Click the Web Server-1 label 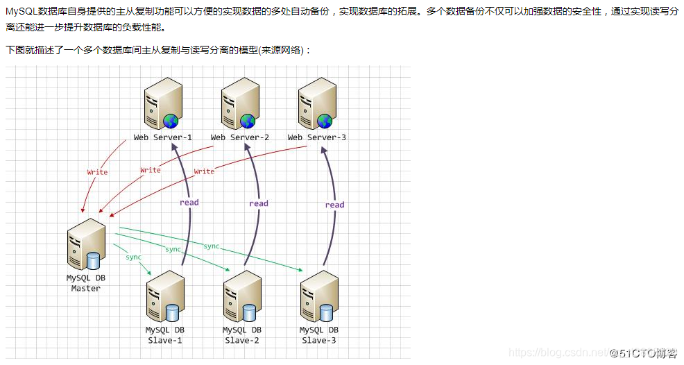click(x=162, y=137)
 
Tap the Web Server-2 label click(x=239, y=137)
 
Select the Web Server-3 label click(x=316, y=137)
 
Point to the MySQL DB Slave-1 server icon click(x=164, y=297)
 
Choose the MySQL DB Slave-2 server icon click(x=242, y=297)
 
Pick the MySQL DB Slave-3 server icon click(x=319, y=297)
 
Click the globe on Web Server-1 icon click(x=171, y=121)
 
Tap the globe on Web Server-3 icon click(x=325, y=121)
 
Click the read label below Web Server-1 click(x=189, y=203)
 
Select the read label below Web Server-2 click(x=258, y=203)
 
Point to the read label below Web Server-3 click(x=334, y=205)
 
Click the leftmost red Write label click(x=97, y=172)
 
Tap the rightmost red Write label click(x=204, y=171)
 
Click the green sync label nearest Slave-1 click(x=133, y=257)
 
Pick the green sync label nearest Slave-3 click(x=212, y=246)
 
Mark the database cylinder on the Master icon click(x=93, y=261)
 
